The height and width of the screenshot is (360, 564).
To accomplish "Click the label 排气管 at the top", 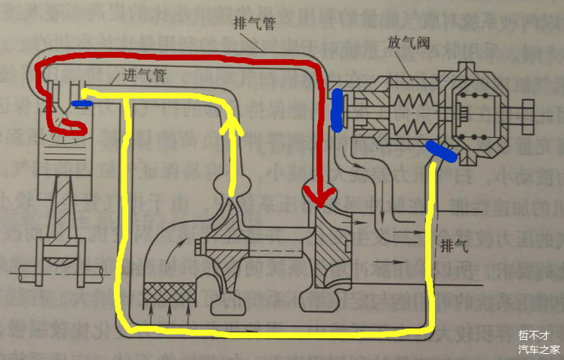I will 253,23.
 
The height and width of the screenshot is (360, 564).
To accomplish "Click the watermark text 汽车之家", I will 538,349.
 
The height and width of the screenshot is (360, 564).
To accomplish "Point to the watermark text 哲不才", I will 534,335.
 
